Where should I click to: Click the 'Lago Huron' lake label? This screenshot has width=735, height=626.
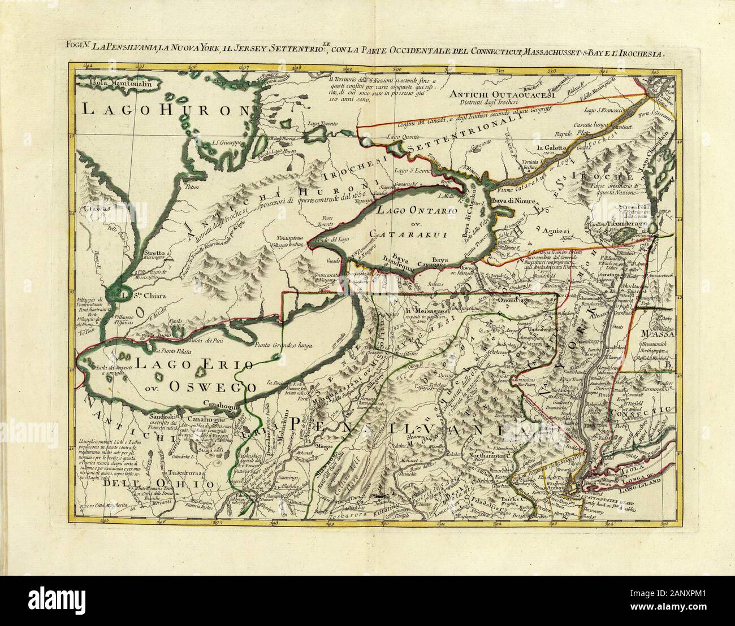[165, 110]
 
